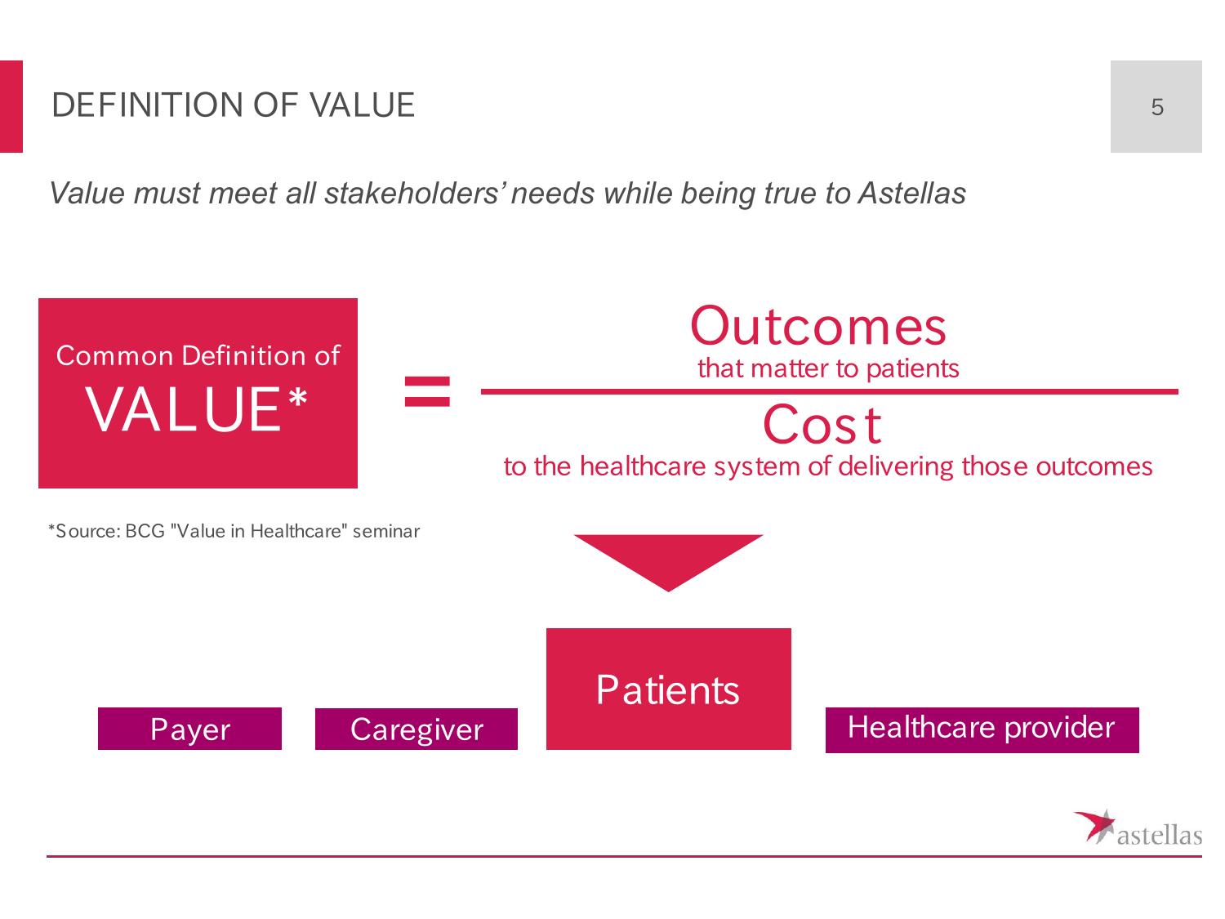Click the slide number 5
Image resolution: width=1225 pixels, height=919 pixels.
(x=1156, y=106)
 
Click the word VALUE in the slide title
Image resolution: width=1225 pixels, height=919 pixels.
(x=363, y=105)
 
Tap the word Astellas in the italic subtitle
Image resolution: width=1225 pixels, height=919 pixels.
(x=911, y=193)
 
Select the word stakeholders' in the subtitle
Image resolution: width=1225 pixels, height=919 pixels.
(x=415, y=193)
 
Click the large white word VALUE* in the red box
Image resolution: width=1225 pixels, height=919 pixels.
(x=196, y=409)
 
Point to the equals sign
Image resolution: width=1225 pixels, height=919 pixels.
(x=427, y=391)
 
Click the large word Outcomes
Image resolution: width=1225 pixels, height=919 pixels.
(x=817, y=326)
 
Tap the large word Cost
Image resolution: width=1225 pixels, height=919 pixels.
(x=822, y=425)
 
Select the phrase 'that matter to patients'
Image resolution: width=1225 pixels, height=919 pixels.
(x=827, y=368)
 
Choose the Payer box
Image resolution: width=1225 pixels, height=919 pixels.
(x=189, y=728)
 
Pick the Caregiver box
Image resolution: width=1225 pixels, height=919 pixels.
(x=416, y=729)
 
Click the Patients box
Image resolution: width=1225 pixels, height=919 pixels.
(x=669, y=689)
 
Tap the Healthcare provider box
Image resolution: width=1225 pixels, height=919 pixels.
(x=982, y=729)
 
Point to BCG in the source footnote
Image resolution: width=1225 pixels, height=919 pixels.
(x=145, y=531)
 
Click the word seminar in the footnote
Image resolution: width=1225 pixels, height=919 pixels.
(x=385, y=531)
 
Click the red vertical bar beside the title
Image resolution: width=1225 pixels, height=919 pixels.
(x=11, y=106)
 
